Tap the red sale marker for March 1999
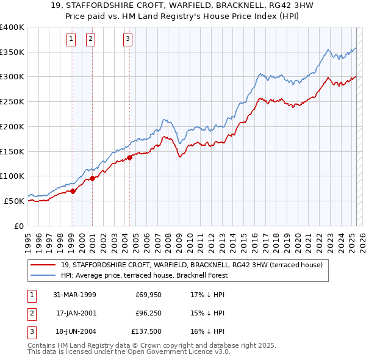[x=73, y=191]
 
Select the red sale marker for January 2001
[x=93, y=178]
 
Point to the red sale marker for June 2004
[x=130, y=157]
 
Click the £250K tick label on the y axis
[x=12, y=102]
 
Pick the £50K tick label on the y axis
[x=15, y=201]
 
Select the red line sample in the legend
[x=43, y=265]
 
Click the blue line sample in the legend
[x=43, y=275]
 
